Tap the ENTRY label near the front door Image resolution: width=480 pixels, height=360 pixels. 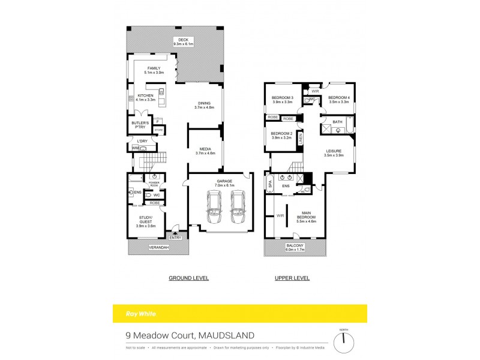pyautogui.click(x=175, y=238)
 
